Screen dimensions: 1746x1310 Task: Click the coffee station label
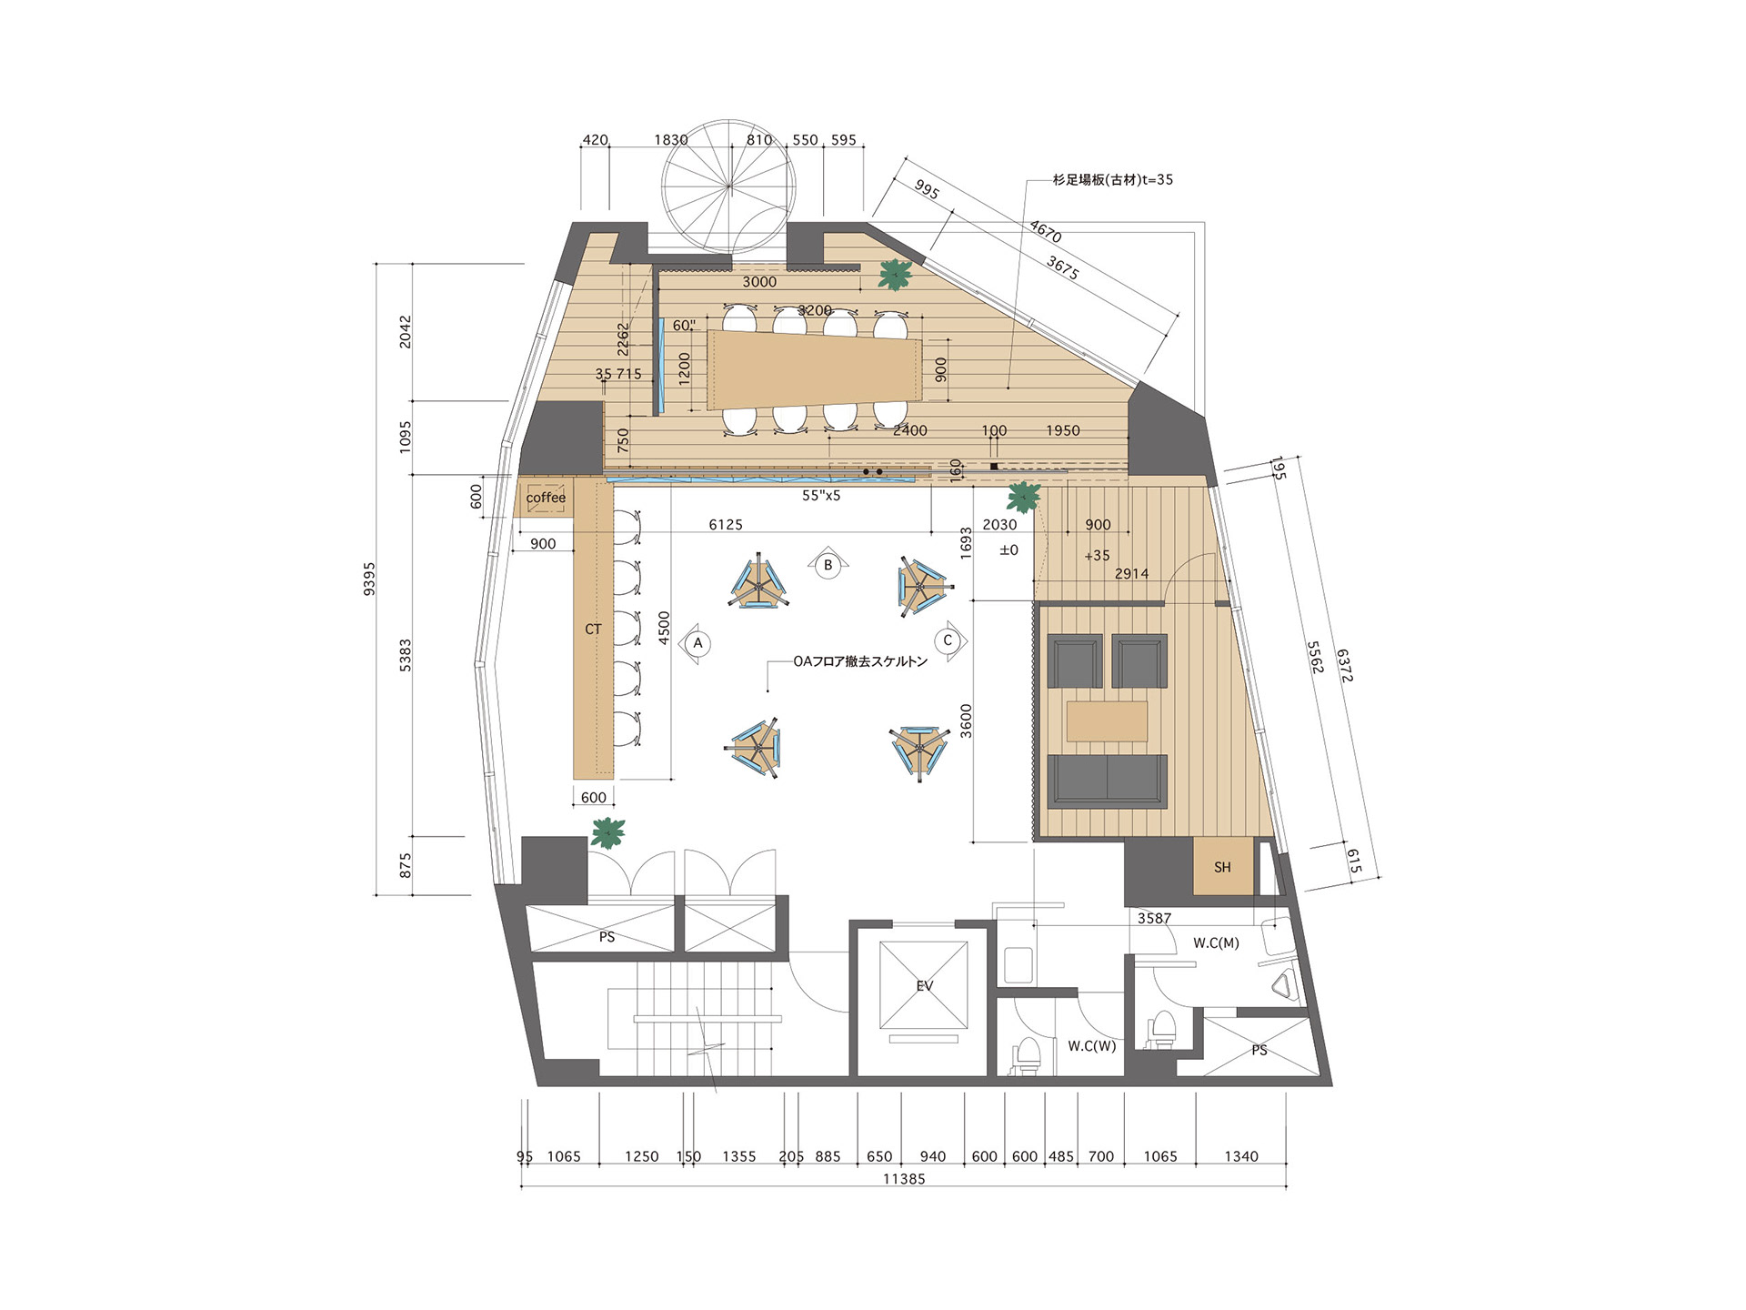[x=546, y=498]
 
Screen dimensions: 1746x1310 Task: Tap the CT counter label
[x=594, y=629]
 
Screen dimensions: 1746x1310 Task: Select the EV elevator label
[x=925, y=985]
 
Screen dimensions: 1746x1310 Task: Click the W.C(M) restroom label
[x=1216, y=943]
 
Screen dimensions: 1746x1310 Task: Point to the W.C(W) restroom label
[x=1091, y=1046]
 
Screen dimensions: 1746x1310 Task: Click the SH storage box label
[x=1222, y=867]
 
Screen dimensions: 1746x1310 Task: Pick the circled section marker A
[x=698, y=643]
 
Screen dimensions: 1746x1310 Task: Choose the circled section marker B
[x=828, y=565]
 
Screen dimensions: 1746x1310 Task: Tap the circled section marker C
[x=948, y=640]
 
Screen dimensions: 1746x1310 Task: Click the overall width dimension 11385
[x=904, y=1179]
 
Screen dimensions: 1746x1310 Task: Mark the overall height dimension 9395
[x=369, y=579]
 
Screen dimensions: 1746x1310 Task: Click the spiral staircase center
[x=728, y=186]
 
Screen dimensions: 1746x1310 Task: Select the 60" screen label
[x=685, y=325]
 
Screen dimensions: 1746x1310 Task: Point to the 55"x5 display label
[x=821, y=496]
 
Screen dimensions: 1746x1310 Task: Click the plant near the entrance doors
[x=607, y=831]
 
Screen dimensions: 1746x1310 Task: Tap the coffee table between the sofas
[x=1107, y=720]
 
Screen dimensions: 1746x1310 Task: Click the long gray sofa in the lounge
[x=1107, y=781]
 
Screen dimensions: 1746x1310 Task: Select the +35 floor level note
[x=1097, y=555]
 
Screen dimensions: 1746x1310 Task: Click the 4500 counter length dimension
[x=664, y=629]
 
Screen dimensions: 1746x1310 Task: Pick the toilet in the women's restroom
[x=1026, y=1056]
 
